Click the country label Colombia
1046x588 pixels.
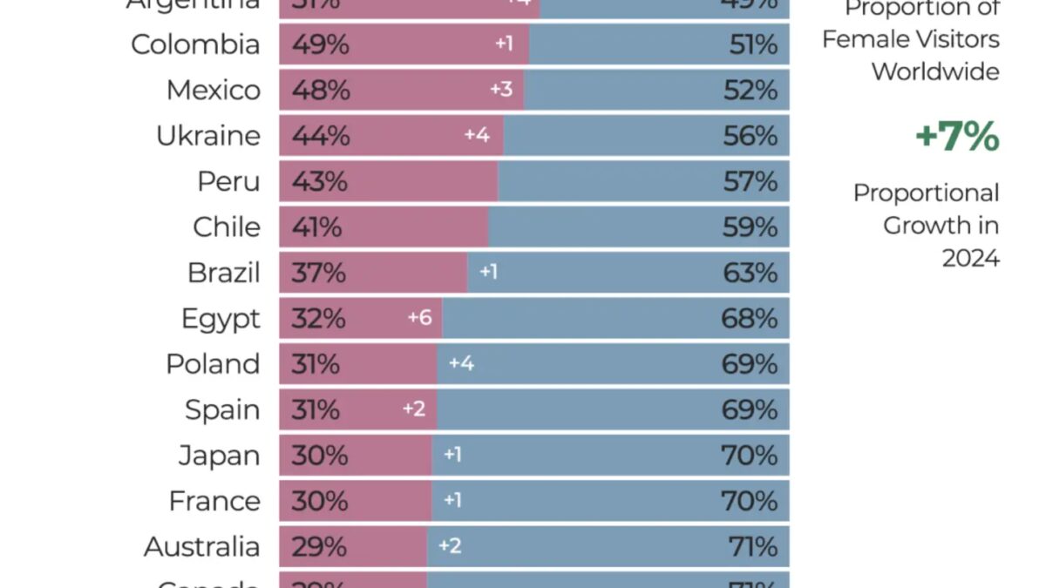click(x=195, y=44)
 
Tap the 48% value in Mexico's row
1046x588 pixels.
click(x=320, y=91)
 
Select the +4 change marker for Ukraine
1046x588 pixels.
click(x=477, y=136)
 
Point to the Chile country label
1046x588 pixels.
click(x=227, y=227)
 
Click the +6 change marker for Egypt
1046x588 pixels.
click(x=419, y=318)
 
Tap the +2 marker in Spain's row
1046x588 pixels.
click(x=414, y=409)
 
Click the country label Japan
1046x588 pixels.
click(x=219, y=456)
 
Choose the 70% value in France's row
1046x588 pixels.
click(x=750, y=501)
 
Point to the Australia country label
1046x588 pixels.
click(x=201, y=547)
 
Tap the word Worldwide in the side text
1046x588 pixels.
click(x=935, y=71)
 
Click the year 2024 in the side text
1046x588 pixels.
click(x=970, y=259)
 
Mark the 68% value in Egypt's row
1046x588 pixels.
click(x=750, y=318)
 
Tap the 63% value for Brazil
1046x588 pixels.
click(x=750, y=273)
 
